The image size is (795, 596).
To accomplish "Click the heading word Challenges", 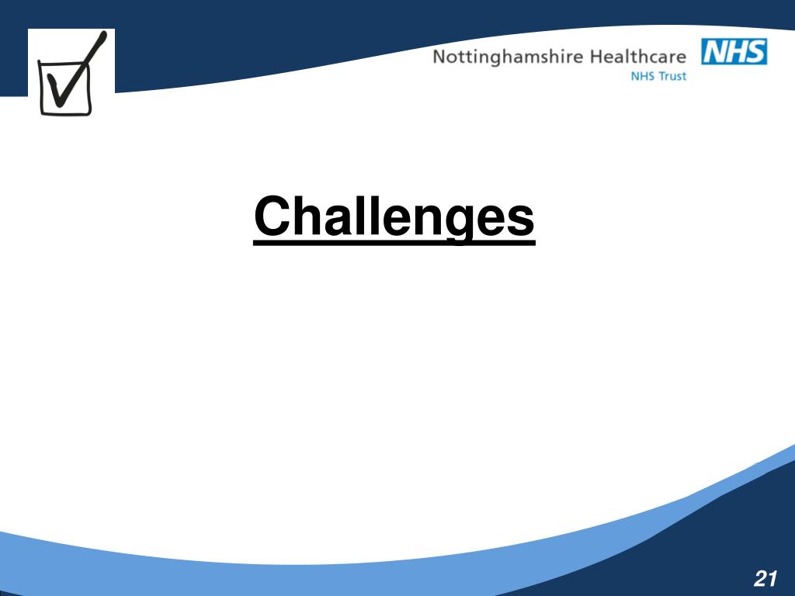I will click(x=394, y=217).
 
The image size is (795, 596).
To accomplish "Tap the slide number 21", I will click(x=765, y=578).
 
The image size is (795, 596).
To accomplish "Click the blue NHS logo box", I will click(x=734, y=52).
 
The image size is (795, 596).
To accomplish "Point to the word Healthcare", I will click(x=638, y=57).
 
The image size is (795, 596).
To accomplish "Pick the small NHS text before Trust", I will click(x=643, y=77).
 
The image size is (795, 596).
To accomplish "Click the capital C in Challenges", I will click(x=271, y=217).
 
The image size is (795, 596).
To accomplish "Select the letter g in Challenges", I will click(x=460, y=222).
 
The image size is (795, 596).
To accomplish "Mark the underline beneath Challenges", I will click(x=394, y=243).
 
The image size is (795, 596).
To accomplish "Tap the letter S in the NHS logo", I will click(x=755, y=52).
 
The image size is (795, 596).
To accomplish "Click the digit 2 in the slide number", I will click(x=759, y=578).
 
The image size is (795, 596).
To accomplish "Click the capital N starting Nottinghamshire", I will click(x=439, y=57).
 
